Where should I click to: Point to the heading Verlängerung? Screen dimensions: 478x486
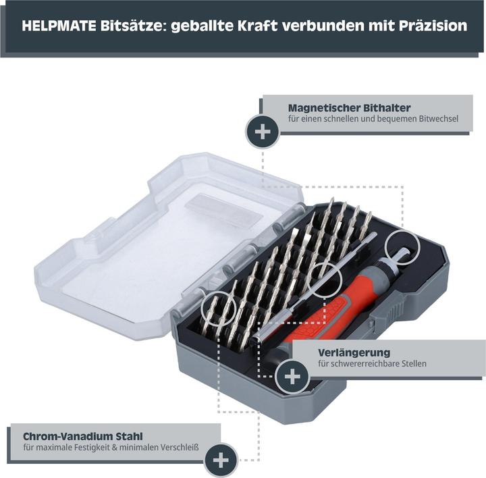[354, 352]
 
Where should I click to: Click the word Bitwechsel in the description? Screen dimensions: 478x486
[437, 119]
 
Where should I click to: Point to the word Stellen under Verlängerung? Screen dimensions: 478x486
[412, 364]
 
